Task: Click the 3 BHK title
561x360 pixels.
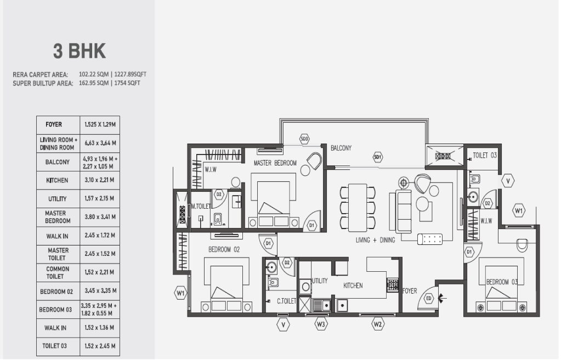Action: coord(80,51)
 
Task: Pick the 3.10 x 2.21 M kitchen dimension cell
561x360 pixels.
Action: coord(99,180)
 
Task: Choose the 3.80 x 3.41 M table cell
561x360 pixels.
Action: coord(99,217)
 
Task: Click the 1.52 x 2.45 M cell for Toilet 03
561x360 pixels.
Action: coord(99,346)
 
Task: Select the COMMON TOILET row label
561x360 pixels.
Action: coord(58,272)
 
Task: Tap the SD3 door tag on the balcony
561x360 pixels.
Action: coord(304,139)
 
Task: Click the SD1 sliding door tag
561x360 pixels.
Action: coord(377,157)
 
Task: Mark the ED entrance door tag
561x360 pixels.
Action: coord(429,299)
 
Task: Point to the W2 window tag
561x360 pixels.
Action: coord(377,324)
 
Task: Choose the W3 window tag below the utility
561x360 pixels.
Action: coord(321,324)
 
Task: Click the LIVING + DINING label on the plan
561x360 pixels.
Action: coord(375,241)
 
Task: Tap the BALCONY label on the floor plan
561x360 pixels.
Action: coord(341,148)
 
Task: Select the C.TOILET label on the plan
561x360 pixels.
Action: coord(286,301)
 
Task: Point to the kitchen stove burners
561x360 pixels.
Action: coord(393,284)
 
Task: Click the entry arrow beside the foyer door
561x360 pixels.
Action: coord(442,299)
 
